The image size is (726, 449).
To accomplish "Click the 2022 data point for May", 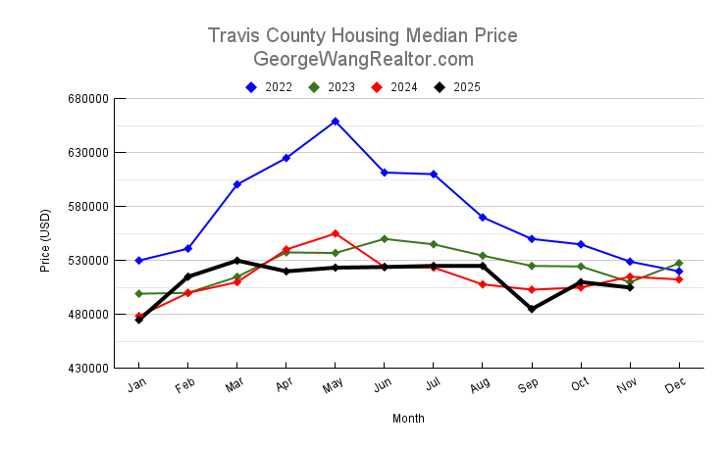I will [336, 122].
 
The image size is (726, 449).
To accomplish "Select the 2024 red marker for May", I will [336, 233].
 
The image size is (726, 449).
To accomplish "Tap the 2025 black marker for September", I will [532, 309].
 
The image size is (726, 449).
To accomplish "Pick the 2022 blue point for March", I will [237, 184].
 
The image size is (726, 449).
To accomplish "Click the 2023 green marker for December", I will [679, 263].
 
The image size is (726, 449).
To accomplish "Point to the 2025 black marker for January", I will [139, 320].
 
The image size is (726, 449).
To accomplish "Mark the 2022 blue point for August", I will [483, 217].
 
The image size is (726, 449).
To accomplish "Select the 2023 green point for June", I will [385, 239].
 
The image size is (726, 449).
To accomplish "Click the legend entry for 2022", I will [269, 87].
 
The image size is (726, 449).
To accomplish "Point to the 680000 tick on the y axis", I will [85, 99].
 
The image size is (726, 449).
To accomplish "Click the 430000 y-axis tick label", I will [85, 369].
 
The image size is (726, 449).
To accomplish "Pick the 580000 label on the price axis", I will [85, 207].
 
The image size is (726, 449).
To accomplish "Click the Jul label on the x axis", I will [432, 387].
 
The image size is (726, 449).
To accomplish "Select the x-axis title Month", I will [408, 419].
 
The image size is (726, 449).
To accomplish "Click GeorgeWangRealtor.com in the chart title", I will [363, 59].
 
